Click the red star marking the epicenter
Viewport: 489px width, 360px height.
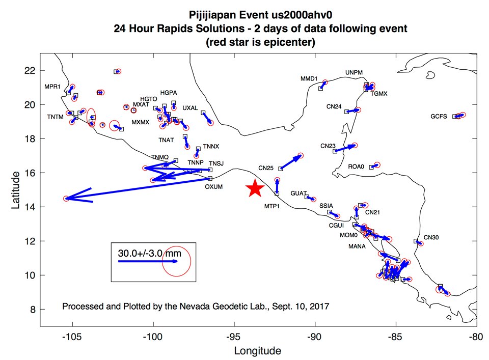coord(255,188)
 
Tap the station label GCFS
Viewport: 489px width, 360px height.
coord(439,116)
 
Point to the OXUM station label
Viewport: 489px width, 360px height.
coord(214,187)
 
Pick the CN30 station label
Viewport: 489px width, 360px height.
coord(431,237)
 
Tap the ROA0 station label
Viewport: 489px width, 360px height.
coord(356,166)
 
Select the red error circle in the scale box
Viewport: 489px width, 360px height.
coord(176,262)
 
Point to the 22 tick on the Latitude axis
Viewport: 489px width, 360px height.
coord(31,70)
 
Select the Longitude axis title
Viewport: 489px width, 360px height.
coord(257,351)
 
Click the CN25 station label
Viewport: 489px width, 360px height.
coord(266,167)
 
